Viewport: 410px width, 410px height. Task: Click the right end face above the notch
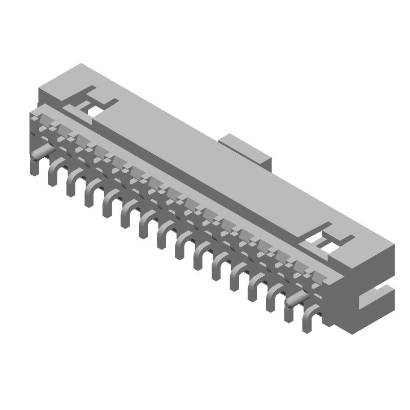pos(377,266)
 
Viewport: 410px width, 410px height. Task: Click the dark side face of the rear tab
pos(267,159)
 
